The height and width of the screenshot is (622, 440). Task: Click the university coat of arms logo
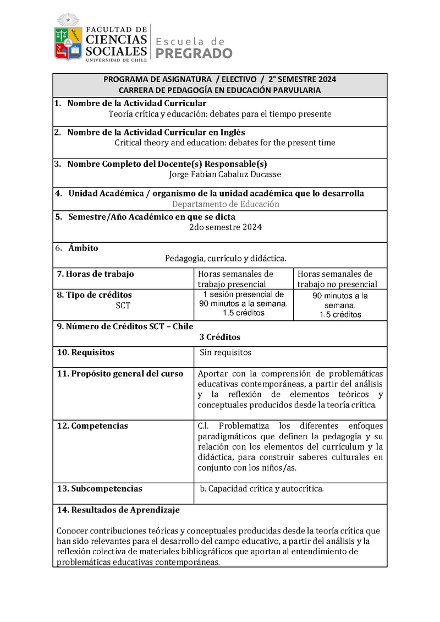[68, 39]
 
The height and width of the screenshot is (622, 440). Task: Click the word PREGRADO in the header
[195, 53]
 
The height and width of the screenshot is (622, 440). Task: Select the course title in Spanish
[220, 114]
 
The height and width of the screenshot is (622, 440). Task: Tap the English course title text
[224, 143]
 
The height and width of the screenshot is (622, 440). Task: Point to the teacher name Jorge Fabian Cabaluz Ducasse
[226, 174]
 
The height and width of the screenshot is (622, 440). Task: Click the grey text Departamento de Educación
[226, 204]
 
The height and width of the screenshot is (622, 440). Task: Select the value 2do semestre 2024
[226, 227]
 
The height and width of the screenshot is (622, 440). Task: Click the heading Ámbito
[83, 248]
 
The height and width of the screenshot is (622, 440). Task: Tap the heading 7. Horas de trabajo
[95, 274]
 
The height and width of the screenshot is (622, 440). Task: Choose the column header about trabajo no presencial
[337, 279]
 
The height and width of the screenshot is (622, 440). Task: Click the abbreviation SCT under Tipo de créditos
[123, 305]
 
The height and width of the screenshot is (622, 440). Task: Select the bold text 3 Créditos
[220, 337]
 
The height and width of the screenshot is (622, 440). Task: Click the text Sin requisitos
[226, 352]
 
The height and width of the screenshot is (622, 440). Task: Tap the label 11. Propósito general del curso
[120, 373]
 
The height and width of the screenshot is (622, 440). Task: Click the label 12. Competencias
[92, 425]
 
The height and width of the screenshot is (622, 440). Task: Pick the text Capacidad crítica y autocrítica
[262, 488]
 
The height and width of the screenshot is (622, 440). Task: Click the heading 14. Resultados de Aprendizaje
[118, 510]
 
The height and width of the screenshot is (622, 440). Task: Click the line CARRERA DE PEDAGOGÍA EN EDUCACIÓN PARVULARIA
[220, 90]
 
